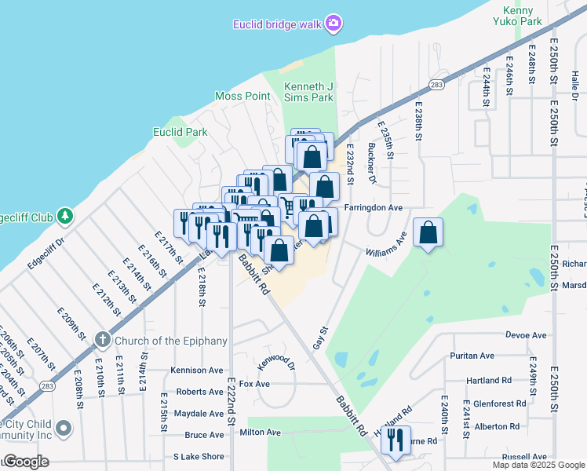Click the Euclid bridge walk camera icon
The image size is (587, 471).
point(334,24)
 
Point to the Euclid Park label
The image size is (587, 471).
point(180,132)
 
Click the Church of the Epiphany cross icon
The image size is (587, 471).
point(101,340)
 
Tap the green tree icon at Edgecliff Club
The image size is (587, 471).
point(66,214)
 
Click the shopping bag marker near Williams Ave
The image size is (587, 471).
point(428,232)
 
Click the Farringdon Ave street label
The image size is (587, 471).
point(373,208)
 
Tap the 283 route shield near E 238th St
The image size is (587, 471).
point(437,85)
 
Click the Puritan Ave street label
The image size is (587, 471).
point(472,356)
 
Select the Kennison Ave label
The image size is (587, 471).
point(197,370)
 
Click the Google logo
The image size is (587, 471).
point(26,462)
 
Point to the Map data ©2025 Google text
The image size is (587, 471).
point(538,465)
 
